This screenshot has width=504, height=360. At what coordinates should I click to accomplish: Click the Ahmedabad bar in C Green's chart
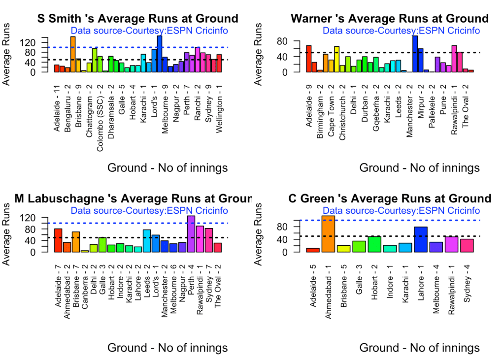[x=328, y=234]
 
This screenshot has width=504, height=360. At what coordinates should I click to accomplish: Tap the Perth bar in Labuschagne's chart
[x=191, y=234]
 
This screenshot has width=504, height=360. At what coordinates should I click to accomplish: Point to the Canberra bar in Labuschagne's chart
[x=85, y=251]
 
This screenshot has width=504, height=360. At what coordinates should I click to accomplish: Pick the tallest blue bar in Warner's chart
[x=415, y=54]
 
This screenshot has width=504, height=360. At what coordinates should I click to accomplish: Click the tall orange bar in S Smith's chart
[x=72, y=54]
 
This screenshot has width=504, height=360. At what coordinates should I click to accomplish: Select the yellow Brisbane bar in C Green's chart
[x=343, y=249]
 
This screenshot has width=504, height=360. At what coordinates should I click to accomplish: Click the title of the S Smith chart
[x=138, y=19]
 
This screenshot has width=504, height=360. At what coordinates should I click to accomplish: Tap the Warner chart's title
[x=390, y=19]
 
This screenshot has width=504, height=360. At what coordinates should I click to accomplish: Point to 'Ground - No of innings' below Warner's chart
[x=419, y=168]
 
